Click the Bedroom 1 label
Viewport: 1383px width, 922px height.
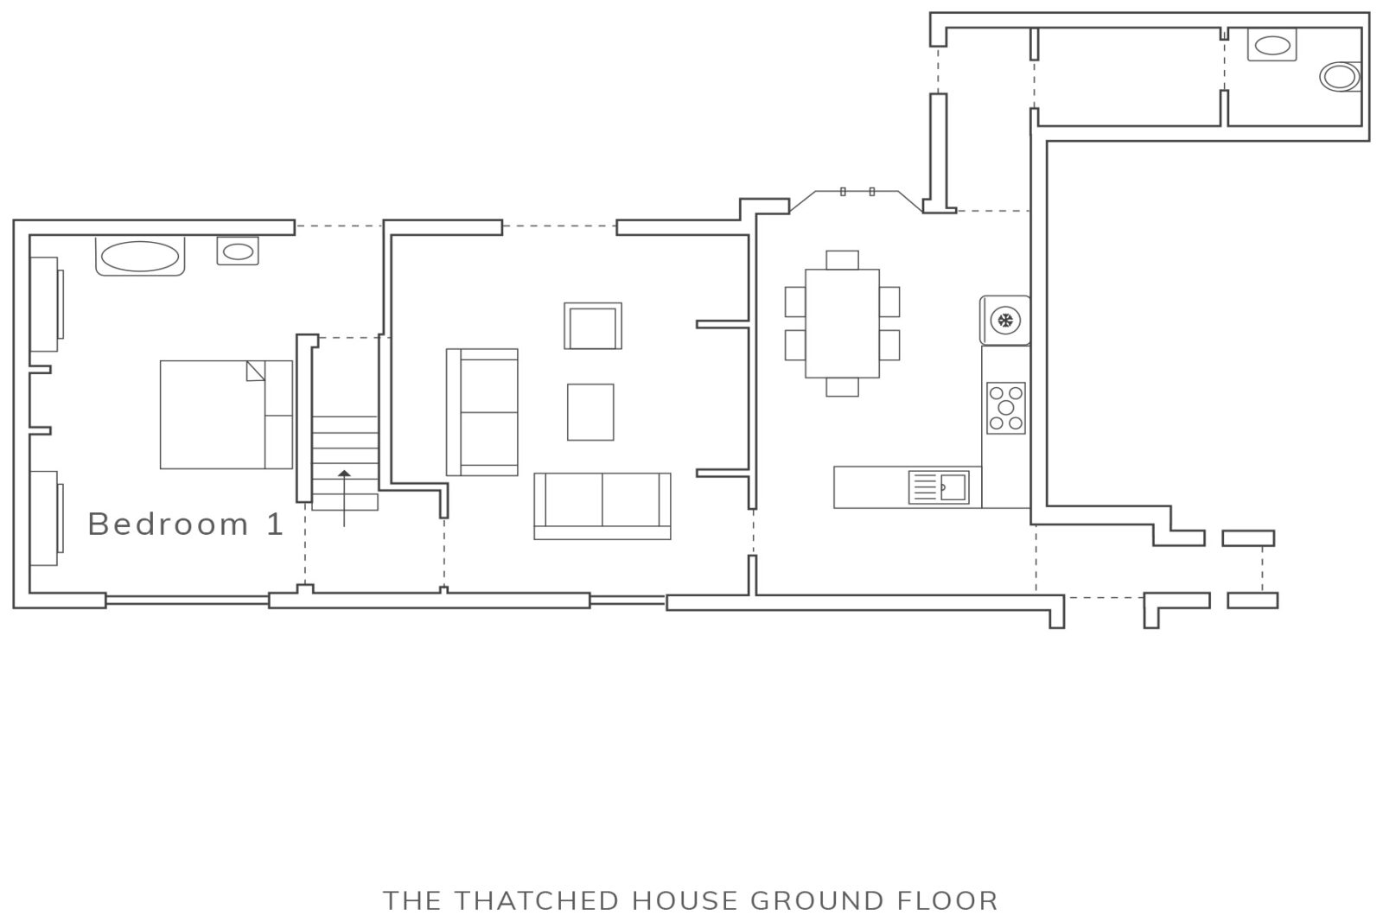pos(186,525)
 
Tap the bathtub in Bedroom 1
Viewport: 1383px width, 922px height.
pos(140,256)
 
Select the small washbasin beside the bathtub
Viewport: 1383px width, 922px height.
pos(238,251)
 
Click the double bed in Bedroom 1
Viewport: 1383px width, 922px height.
pos(226,415)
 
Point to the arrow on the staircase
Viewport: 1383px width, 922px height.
pos(344,498)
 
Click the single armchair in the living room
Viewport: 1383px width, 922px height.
pos(593,326)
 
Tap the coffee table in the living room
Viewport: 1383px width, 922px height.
pos(590,412)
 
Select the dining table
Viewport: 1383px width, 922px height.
pos(842,323)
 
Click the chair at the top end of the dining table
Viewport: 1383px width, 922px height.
pos(842,260)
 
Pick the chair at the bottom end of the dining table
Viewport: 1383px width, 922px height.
pos(842,387)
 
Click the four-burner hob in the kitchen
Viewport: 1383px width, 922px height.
pos(1006,408)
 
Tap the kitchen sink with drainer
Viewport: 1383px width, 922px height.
pos(939,487)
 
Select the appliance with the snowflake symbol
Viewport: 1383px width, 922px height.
pos(1004,321)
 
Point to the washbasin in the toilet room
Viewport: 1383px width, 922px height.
pos(1271,45)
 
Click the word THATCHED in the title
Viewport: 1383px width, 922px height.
pos(536,901)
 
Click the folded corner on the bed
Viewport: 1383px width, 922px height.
pos(256,371)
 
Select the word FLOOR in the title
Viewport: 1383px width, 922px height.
pos(947,901)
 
